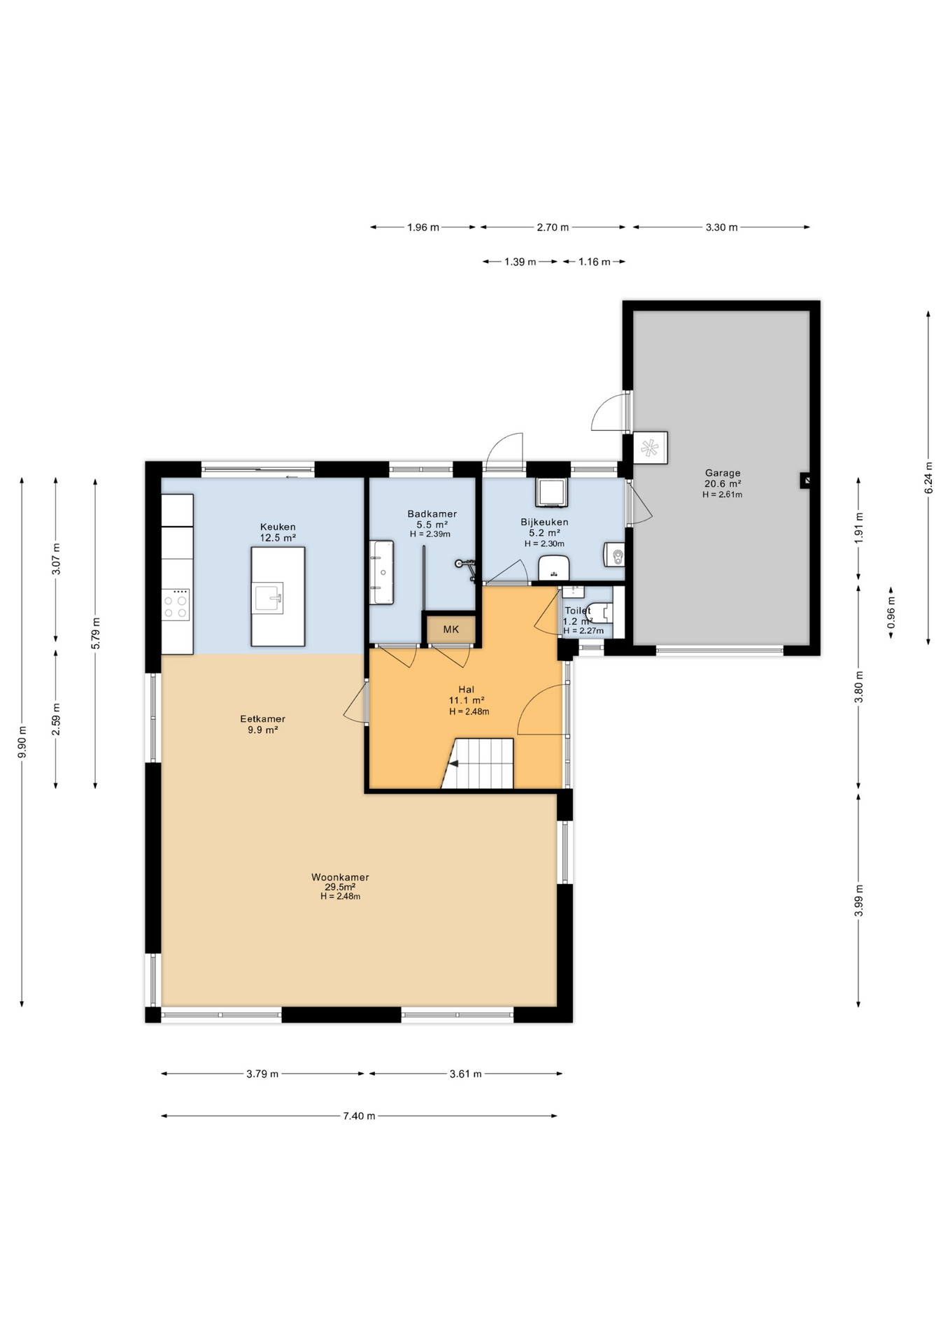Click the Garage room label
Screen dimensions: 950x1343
(x=723, y=473)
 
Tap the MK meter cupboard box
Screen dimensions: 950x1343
(x=451, y=630)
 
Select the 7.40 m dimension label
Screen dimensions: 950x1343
(x=359, y=1116)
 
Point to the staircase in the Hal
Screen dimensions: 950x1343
(x=478, y=763)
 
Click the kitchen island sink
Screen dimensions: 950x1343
(x=269, y=598)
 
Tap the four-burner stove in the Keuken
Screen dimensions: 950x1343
(x=176, y=604)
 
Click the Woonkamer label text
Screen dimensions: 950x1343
(x=340, y=877)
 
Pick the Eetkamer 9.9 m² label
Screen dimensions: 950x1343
(x=262, y=724)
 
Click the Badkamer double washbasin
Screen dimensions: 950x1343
(x=382, y=572)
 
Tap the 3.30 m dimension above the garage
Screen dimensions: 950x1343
(x=721, y=227)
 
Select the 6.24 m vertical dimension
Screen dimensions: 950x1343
(x=928, y=478)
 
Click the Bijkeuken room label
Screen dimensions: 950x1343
(x=544, y=522)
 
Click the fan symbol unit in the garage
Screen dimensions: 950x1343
(x=650, y=448)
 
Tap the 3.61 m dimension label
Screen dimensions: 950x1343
(x=465, y=1074)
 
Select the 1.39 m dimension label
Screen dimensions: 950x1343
(x=520, y=262)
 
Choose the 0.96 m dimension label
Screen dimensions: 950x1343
(x=891, y=612)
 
